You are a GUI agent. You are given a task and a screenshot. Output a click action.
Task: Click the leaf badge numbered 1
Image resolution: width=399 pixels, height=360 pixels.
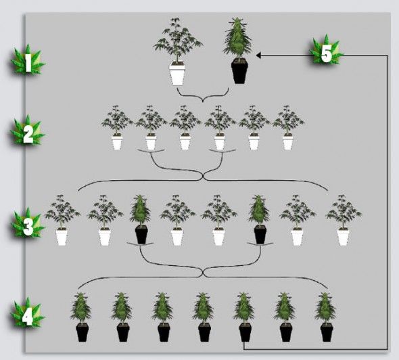click(x=28, y=60)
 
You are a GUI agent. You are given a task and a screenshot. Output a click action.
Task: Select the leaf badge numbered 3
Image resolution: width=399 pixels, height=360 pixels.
click(x=28, y=223)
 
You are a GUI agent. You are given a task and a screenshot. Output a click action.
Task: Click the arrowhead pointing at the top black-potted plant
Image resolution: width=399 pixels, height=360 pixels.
click(x=258, y=55)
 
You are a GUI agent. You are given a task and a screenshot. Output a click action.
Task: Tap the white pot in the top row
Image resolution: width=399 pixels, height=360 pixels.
click(x=177, y=74)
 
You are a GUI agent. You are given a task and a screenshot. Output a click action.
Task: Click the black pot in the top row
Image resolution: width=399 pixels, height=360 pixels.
click(x=239, y=72)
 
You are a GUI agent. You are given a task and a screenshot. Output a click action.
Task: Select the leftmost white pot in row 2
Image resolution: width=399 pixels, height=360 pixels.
click(x=117, y=142)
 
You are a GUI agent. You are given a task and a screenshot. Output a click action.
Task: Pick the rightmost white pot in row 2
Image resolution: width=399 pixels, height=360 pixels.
click(x=288, y=142)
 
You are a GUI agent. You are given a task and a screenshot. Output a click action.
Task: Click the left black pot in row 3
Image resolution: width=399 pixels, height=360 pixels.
click(x=141, y=235)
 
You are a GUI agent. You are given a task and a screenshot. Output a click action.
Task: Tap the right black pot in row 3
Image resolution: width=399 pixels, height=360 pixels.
click(x=260, y=235)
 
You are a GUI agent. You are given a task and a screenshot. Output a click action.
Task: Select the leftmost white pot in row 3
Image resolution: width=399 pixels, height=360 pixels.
click(x=62, y=237)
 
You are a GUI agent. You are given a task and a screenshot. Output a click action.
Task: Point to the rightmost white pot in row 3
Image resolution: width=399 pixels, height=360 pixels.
click(x=343, y=237)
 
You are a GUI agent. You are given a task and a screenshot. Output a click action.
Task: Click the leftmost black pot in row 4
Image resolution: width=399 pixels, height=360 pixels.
click(x=83, y=332)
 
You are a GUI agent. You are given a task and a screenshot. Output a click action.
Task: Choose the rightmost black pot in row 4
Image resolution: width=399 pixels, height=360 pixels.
click(x=327, y=332)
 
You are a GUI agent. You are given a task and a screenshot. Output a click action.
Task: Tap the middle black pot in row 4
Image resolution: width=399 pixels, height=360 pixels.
click(x=204, y=332)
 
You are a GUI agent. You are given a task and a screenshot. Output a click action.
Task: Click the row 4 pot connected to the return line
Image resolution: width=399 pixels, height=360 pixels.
click(x=245, y=332)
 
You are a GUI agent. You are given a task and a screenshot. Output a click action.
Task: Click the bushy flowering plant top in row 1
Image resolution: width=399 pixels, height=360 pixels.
click(x=237, y=37)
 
